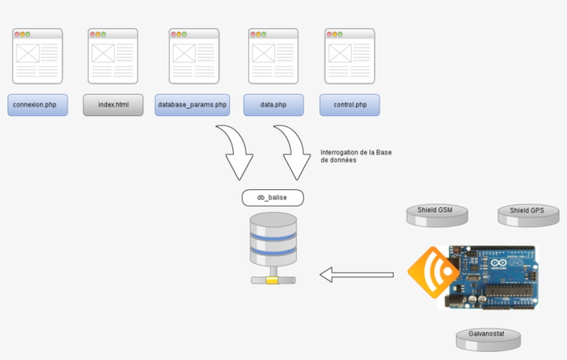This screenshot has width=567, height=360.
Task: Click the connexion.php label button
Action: point(38,105)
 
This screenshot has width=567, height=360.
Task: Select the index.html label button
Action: point(113,105)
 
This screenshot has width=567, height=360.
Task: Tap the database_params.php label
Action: point(192,105)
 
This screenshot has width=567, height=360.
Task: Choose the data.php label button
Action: point(273,105)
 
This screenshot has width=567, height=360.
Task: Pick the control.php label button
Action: point(350,105)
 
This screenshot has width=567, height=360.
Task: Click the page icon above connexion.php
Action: point(37,56)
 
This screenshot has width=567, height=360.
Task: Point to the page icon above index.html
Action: point(113,56)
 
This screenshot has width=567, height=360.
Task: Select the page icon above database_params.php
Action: point(194,56)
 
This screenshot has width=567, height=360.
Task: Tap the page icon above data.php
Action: point(273,56)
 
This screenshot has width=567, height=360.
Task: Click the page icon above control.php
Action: point(350,56)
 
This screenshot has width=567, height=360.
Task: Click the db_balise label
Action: point(272,198)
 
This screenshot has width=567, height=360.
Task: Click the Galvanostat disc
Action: point(487,338)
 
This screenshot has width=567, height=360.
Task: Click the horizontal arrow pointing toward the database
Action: point(356,275)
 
